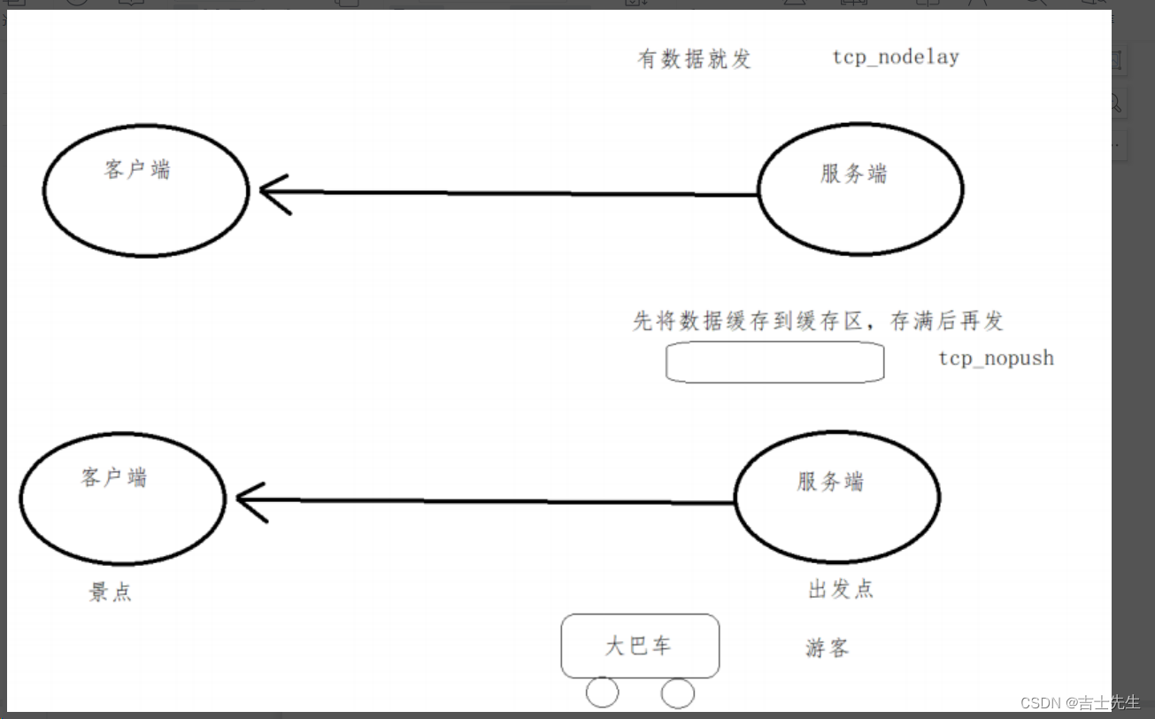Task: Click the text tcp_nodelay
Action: point(896,58)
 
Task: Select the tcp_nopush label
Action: point(996,359)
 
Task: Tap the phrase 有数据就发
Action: point(695,59)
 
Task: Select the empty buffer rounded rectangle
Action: point(774,362)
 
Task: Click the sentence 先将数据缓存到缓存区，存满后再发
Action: point(818,321)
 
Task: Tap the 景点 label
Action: point(111,592)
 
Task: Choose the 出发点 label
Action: point(841,590)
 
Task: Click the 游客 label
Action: point(827,648)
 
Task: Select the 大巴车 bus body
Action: point(640,646)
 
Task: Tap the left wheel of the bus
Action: point(603,692)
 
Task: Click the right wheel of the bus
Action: point(678,692)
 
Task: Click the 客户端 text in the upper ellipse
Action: point(137,169)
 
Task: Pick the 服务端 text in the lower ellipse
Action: point(830,482)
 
